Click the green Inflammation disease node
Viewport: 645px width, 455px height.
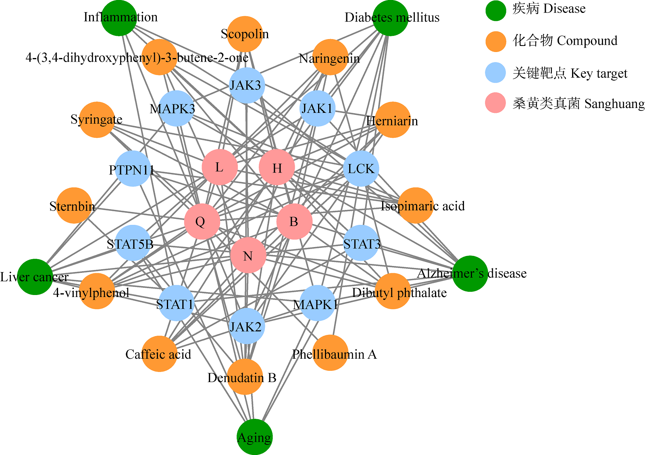coord(119,18)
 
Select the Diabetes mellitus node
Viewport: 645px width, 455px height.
coord(390,18)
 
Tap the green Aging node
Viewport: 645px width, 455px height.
coord(254,437)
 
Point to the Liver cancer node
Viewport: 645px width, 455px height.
coord(35,277)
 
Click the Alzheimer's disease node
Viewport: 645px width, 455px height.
coord(470,274)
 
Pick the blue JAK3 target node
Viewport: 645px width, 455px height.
coord(247,85)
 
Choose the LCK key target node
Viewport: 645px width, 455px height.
coord(361,168)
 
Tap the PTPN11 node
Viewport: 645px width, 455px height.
coord(133,169)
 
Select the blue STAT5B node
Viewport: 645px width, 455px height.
coord(133,243)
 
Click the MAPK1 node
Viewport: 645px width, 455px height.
coord(318,303)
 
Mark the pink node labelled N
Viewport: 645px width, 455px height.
coord(248,255)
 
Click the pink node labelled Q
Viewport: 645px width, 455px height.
coord(202,222)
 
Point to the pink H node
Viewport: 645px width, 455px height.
coord(277,167)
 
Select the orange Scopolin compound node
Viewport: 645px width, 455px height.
coord(245,34)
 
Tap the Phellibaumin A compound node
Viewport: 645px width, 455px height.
coord(330,353)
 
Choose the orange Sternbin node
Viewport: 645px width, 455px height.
coord(74,206)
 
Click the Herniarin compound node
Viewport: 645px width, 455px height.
coord(393,120)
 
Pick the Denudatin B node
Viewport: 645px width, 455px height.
coord(245,377)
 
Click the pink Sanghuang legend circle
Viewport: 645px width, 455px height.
coord(495,103)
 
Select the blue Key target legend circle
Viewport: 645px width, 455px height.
coord(495,73)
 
